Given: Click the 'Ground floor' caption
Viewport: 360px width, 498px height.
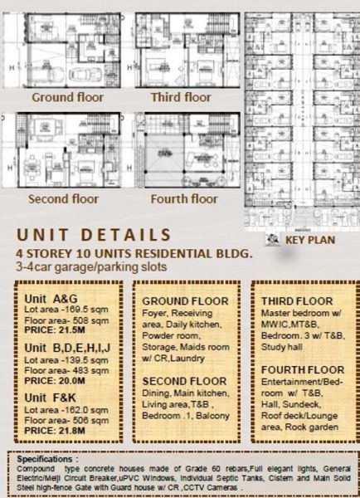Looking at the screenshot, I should coord(68,97).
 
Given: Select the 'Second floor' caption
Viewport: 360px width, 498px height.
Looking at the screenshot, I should coord(63,199).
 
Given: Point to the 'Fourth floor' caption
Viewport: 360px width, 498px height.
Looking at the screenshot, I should coord(184,199).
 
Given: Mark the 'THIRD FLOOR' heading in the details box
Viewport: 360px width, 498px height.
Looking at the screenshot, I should coord(296,300).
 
